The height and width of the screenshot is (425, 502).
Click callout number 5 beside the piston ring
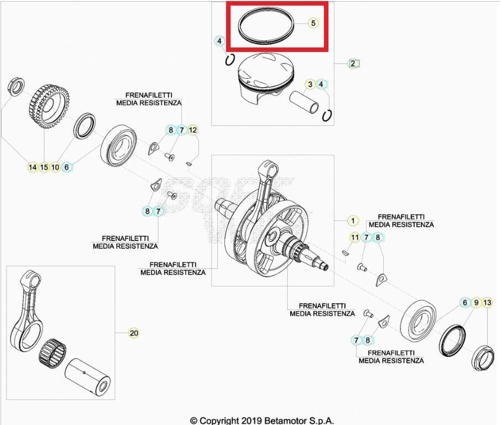313,23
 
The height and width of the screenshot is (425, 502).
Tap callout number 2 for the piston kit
353,63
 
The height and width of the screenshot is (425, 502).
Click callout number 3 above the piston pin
311,84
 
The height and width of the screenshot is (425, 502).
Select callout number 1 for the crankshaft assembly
353,221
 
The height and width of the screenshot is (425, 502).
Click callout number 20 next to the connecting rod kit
133,333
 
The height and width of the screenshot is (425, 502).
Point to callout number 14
33,167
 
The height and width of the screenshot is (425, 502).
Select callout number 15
44,167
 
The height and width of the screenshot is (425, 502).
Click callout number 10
55,167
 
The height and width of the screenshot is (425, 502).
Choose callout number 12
192,130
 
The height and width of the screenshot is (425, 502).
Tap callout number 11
355,238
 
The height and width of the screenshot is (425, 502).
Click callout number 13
487,302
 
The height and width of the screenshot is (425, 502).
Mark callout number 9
476,302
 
